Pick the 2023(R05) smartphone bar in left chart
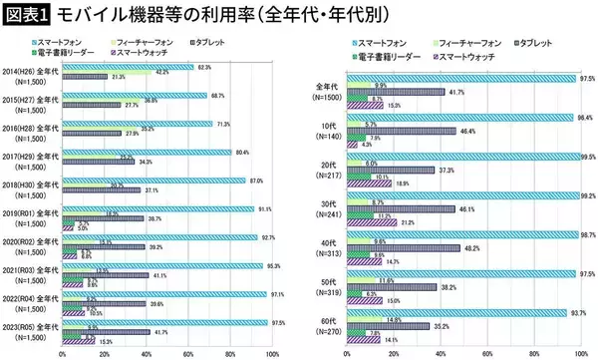(164, 322)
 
